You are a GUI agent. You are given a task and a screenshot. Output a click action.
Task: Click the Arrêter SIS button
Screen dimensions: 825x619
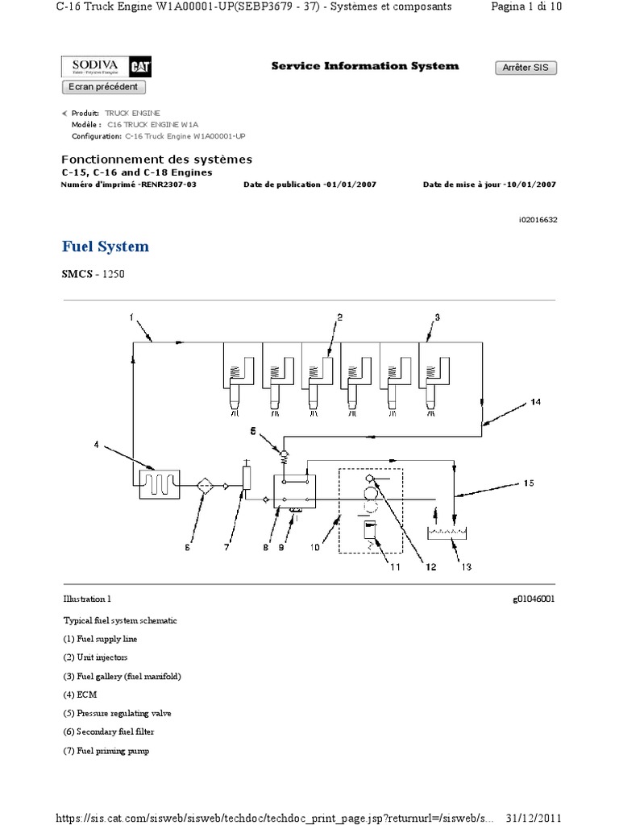[525, 68]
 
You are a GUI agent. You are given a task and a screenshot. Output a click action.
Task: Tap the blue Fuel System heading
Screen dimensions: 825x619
[106, 247]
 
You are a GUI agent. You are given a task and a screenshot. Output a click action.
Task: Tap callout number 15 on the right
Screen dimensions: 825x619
[529, 483]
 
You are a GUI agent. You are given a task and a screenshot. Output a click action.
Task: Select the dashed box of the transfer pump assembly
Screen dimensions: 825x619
[370, 512]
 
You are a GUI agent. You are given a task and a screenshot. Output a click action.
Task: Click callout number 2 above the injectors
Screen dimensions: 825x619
[340, 317]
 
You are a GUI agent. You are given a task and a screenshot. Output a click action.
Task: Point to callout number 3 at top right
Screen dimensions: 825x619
[437, 317]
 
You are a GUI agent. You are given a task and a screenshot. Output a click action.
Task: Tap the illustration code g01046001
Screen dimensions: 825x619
[533, 599]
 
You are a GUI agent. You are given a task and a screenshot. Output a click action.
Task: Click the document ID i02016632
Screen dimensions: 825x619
[535, 219]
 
